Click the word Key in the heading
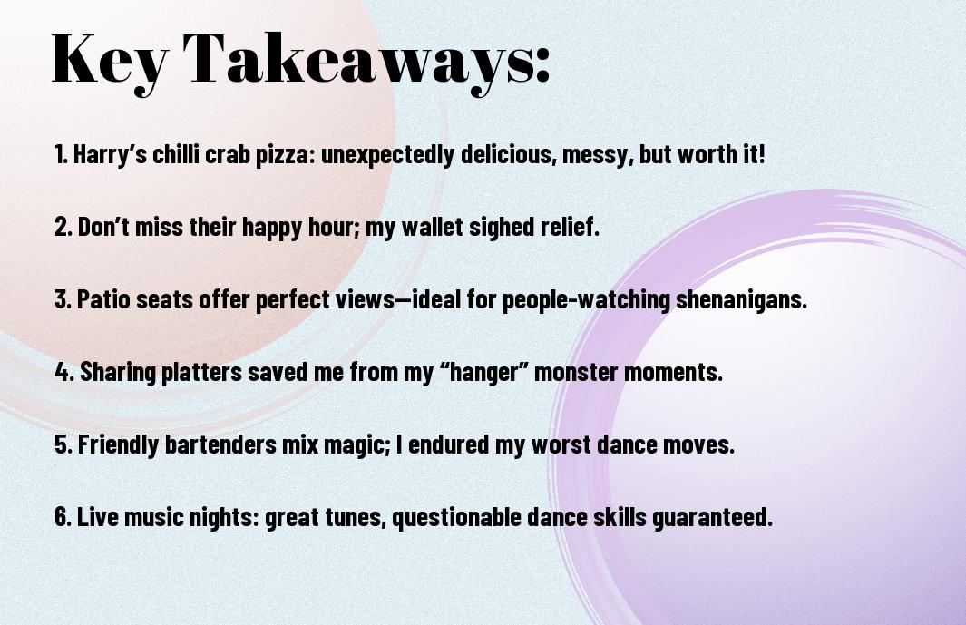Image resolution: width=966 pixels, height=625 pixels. tap(110, 61)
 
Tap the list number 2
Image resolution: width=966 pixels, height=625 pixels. tap(63, 227)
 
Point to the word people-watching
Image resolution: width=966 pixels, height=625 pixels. tap(586, 300)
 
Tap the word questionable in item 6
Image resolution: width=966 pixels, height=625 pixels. tap(456, 517)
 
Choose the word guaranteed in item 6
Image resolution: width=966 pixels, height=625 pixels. tap(712, 517)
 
